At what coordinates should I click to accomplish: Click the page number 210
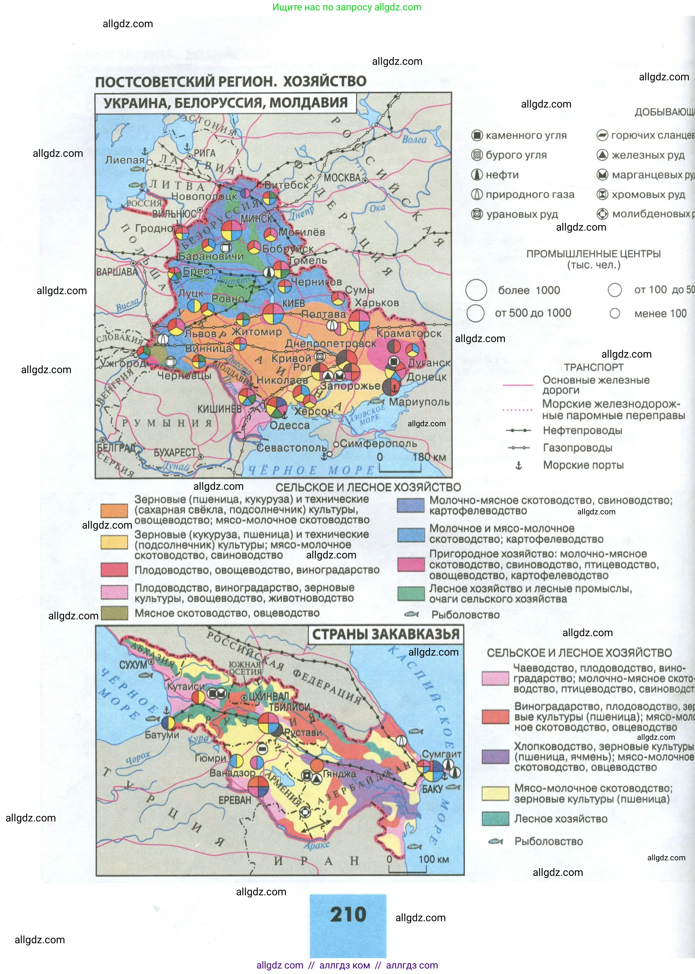tap(348, 914)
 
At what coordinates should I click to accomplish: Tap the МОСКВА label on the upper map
tap(342, 178)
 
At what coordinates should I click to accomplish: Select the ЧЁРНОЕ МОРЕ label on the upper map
tap(311, 470)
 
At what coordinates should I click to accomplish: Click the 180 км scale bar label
tap(429, 457)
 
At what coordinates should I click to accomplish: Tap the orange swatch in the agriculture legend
tap(114, 510)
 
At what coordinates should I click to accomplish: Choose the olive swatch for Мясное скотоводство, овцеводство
tap(114, 613)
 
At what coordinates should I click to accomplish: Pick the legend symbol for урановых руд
tap(477, 214)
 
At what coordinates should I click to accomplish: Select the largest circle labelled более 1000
tap(476, 290)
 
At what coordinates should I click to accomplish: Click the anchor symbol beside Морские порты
tap(519, 465)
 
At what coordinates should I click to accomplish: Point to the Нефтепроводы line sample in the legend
tap(519, 430)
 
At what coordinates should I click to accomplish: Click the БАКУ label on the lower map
tap(432, 789)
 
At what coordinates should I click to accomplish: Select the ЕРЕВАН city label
tap(234, 800)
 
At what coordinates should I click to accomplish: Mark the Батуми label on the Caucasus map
tap(162, 735)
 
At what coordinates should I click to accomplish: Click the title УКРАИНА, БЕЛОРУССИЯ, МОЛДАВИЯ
tap(225, 103)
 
